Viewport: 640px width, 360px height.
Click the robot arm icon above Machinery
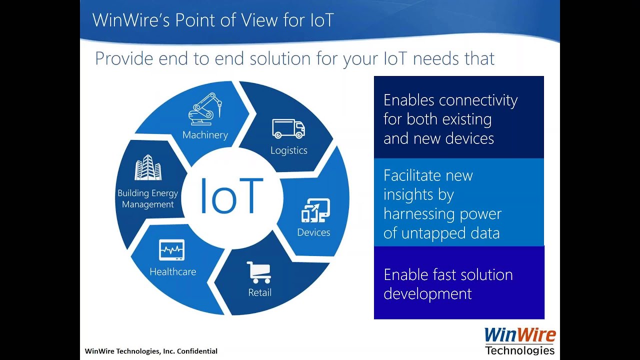point(205,109)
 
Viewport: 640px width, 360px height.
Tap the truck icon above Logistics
point(288,128)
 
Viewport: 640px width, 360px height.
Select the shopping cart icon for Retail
point(259,272)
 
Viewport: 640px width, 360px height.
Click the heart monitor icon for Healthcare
point(171,250)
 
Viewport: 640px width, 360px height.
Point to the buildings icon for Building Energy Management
point(147,167)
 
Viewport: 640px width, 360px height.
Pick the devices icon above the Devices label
point(315,210)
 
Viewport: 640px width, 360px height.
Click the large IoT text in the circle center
point(231,195)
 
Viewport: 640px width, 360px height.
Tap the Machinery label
point(205,135)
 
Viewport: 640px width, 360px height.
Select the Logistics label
point(288,150)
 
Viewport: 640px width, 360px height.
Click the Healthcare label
point(172,272)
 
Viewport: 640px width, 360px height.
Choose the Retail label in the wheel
point(259,292)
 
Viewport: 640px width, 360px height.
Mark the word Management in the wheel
point(148,204)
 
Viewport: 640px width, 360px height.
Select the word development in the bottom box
point(427,293)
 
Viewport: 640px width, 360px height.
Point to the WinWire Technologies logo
point(520,341)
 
